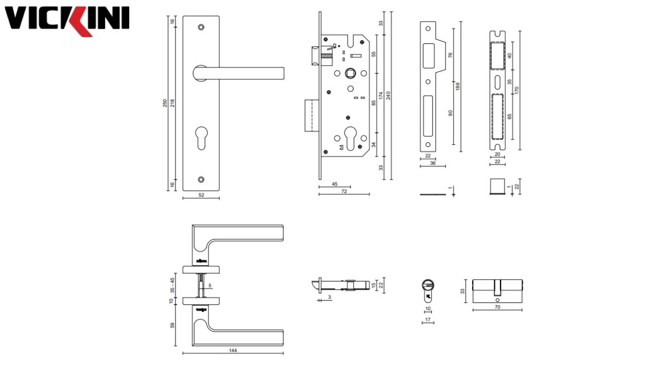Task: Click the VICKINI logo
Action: pos(67,21)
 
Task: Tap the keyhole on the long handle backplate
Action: pos(201,139)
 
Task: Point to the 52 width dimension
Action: pos(201,195)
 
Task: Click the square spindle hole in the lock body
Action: pos(350,73)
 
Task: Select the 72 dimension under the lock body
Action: pos(344,191)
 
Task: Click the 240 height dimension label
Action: pos(389,95)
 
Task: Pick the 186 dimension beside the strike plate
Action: pos(457,87)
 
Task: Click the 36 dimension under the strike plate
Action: pos(432,163)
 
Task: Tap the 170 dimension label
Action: pos(516,90)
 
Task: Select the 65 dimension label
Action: pos(509,116)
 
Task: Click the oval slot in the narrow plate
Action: pos(497,82)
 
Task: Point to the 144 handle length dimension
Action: pos(233,350)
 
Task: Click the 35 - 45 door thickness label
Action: pos(172,285)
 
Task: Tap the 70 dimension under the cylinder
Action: pos(497,307)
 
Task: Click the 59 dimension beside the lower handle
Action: pos(172,325)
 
